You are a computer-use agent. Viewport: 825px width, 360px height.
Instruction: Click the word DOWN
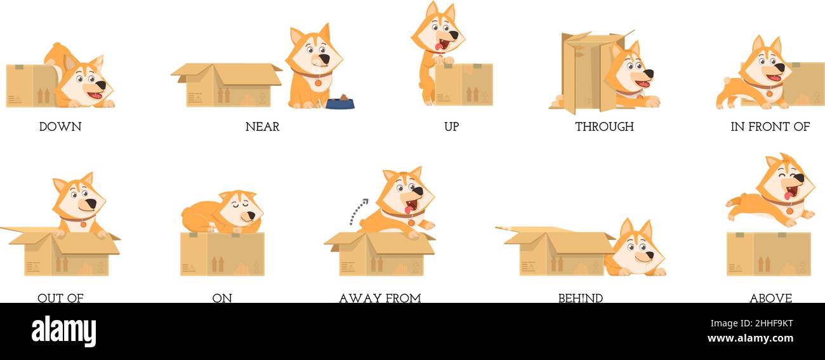[x=60, y=126]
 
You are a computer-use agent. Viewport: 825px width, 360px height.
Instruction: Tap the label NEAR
[x=262, y=126]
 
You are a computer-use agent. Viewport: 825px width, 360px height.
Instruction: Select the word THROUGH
[x=604, y=126]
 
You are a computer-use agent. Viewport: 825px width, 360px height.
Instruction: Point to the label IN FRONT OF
[x=770, y=126]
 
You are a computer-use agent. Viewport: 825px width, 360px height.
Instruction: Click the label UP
[x=451, y=126]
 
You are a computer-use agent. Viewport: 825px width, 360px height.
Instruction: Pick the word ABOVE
[x=770, y=298]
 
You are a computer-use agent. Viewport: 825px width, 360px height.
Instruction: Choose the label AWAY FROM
[x=379, y=298]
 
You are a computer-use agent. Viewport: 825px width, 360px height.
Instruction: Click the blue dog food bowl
[x=340, y=103]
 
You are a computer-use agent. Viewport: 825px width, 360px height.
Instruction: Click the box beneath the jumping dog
[x=769, y=253]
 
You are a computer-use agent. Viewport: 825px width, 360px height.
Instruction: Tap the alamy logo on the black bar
[x=63, y=331]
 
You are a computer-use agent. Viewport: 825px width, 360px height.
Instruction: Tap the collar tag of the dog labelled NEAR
[x=318, y=83]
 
